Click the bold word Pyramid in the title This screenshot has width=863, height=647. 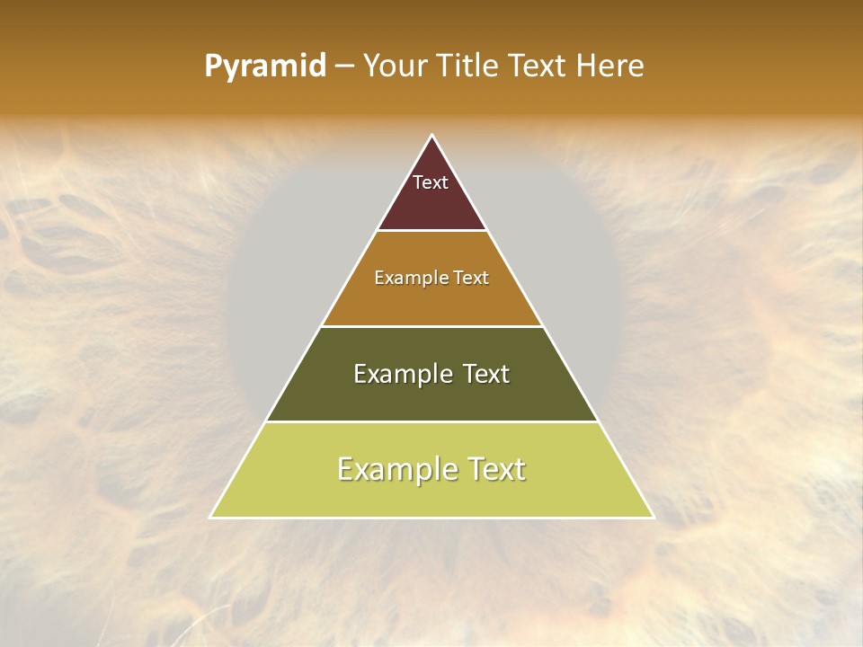pos(265,66)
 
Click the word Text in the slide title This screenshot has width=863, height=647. pos(538,66)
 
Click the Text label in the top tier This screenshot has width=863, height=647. pos(431,182)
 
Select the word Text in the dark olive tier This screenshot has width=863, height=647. pos(486,374)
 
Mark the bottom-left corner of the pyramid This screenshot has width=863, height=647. pos(211,517)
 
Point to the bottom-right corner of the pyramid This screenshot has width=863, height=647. pos(653,517)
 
